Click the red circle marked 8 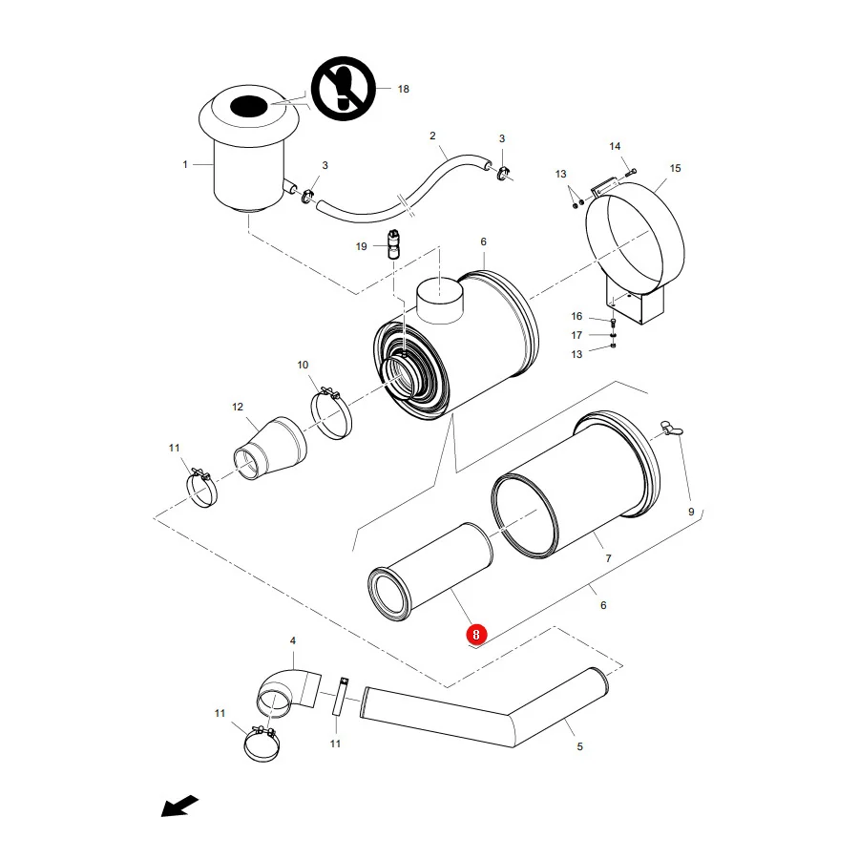[x=475, y=635]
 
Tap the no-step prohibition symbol [x=344, y=88]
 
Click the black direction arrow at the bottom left [x=179, y=806]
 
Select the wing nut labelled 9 [x=672, y=429]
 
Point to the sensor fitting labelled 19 [x=393, y=244]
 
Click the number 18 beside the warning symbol [x=403, y=89]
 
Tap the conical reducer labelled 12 [x=270, y=449]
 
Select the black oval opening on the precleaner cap [x=249, y=106]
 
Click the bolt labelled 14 [x=631, y=173]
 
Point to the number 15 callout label [x=675, y=168]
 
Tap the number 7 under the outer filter [x=608, y=558]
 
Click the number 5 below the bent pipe [x=579, y=746]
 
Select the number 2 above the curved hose [x=432, y=136]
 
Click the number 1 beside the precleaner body [x=185, y=164]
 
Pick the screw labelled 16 [x=613, y=322]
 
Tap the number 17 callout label [x=576, y=335]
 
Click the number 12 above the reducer [x=238, y=407]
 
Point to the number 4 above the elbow [x=293, y=640]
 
